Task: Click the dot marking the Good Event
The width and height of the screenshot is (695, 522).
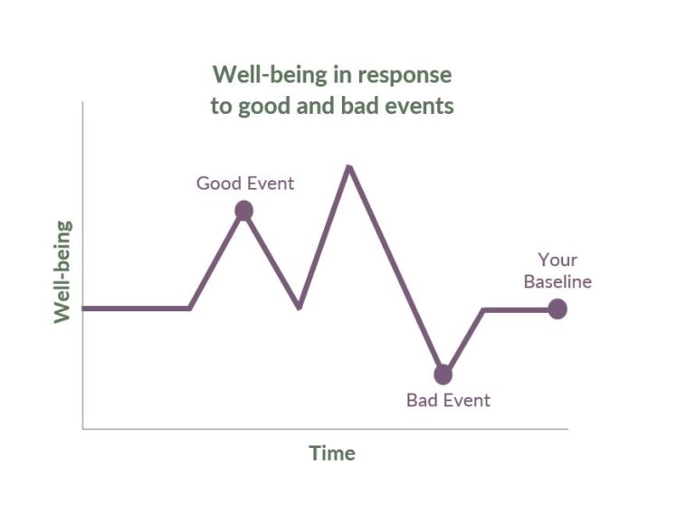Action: point(243,211)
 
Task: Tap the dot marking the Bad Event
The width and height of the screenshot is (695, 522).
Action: point(443,374)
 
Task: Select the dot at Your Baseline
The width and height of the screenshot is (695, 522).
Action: point(557,308)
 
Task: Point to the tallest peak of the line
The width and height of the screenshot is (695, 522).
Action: point(348,166)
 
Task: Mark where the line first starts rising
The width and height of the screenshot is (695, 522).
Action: point(189,308)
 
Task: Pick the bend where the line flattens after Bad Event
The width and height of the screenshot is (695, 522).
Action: point(483,309)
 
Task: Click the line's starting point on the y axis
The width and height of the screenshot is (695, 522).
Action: point(84,308)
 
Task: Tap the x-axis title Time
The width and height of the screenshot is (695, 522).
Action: point(331,453)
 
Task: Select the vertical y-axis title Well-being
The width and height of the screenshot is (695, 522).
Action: point(62,271)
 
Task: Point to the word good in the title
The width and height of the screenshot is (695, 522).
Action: point(262,106)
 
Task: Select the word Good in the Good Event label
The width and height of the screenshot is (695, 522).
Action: point(219,183)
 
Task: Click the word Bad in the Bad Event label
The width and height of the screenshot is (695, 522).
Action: point(423,400)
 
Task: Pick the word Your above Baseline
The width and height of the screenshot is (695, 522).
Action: point(557,261)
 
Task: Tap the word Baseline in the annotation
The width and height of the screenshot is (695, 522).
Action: point(557,281)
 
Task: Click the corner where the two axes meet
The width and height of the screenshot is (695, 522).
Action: point(83,428)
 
